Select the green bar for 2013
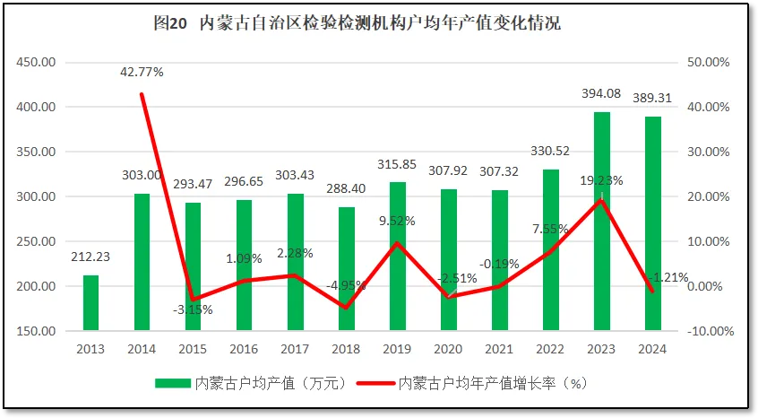click(90, 303)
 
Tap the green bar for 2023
click(602, 222)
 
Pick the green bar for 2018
click(346, 269)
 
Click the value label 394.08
click(601, 94)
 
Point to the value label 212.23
click(90, 257)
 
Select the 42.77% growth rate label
click(142, 72)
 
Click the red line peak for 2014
click(142, 94)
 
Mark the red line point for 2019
click(397, 243)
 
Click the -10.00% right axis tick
click(709, 331)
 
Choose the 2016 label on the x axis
click(244, 350)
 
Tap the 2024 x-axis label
click(652, 350)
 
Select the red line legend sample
click(375, 383)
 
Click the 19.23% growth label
click(601, 180)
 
